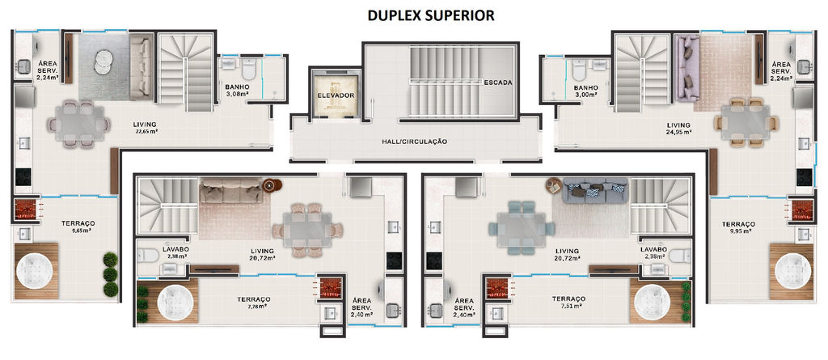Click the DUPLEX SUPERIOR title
[x=431, y=16]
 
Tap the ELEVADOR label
[x=336, y=95]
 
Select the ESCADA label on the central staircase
[x=498, y=83]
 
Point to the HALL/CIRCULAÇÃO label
[x=415, y=142]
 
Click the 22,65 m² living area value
[x=146, y=132]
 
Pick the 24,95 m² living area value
[x=678, y=133]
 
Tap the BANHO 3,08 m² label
[x=237, y=91]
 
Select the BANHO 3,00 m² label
[x=585, y=91]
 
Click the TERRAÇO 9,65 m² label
[x=78, y=227]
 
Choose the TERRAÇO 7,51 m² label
[x=568, y=302]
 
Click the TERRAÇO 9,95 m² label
[x=739, y=227]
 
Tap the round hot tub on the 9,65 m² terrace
[x=36, y=271]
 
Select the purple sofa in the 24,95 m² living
[x=687, y=68]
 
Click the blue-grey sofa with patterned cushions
[x=595, y=190]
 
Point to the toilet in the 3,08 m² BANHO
[x=248, y=69]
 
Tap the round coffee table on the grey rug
[x=103, y=62]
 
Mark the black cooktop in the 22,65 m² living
[x=23, y=176]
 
